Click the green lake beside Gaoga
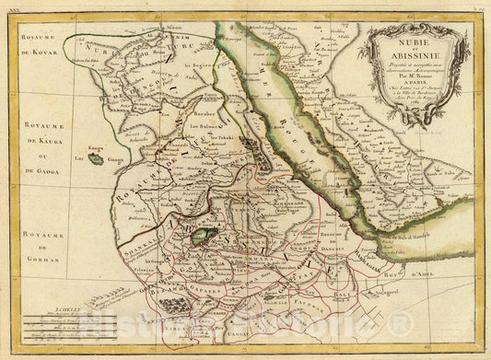96,159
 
